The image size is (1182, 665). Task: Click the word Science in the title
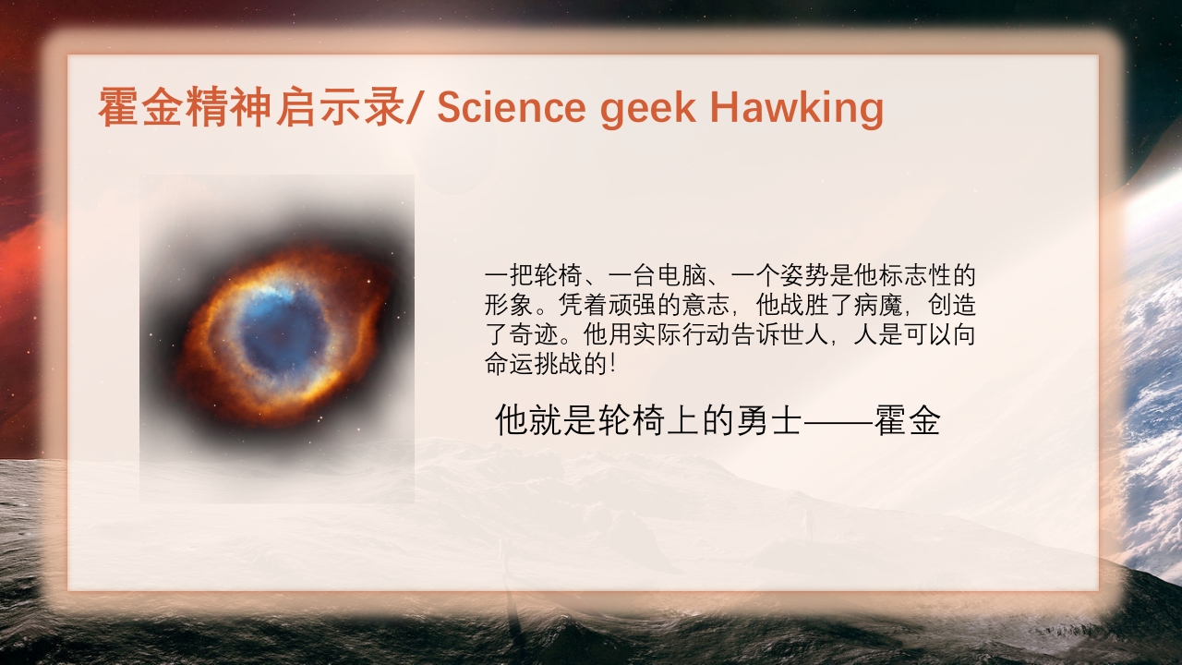[512, 107]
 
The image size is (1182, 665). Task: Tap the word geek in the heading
[648, 109]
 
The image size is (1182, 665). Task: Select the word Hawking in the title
[797, 109]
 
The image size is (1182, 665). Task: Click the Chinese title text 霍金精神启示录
[252, 107]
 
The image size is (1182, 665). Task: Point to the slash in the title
[415, 107]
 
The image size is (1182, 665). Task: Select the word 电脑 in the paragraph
[681, 275]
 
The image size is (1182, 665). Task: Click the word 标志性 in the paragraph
[914, 275]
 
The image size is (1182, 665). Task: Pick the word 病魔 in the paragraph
[878, 305]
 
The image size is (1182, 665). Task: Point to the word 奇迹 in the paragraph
[534, 334]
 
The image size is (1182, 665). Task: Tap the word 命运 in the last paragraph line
[509, 364]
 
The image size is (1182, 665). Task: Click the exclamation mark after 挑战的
[612, 364]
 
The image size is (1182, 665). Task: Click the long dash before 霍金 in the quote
[838, 422]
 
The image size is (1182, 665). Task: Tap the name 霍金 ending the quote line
[907, 420]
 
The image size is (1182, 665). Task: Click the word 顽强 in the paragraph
[633, 305]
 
